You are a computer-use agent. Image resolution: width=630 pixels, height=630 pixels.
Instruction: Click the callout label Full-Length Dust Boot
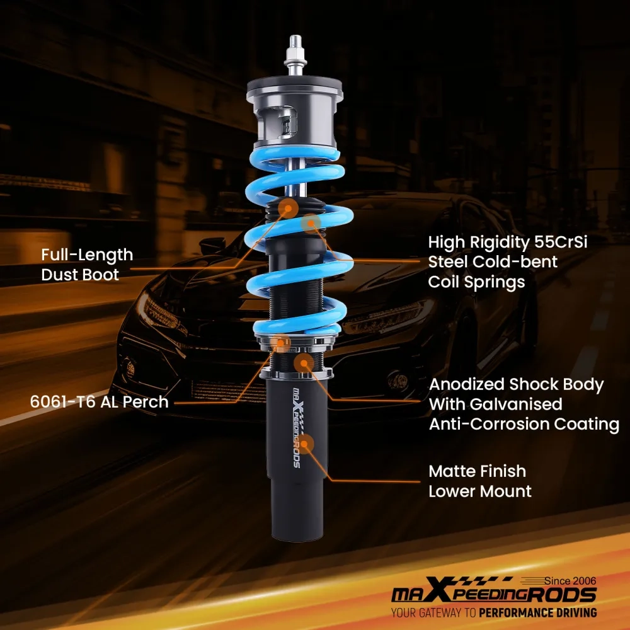[x=87, y=265]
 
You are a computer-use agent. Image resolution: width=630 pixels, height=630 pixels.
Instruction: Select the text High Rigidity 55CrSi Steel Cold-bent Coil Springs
[x=508, y=261]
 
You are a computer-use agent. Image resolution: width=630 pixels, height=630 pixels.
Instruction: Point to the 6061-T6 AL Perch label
[x=100, y=401]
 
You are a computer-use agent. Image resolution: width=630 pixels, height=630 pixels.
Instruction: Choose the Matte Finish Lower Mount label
[x=480, y=481]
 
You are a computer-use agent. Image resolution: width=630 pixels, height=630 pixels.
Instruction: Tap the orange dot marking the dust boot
[x=289, y=209]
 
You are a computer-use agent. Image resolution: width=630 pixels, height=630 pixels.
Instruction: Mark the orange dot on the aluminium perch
[x=281, y=343]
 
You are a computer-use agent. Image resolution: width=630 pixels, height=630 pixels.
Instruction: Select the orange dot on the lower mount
[x=306, y=445]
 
